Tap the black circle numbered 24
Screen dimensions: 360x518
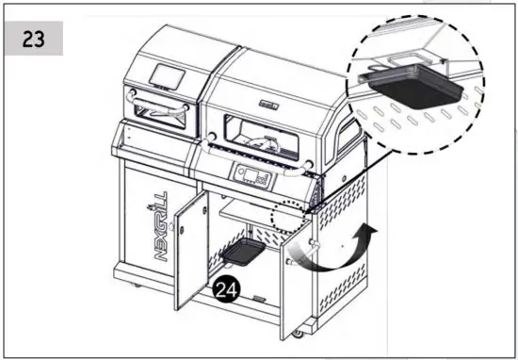[x=226, y=292]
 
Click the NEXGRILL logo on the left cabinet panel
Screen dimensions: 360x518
[x=158, y=223]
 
